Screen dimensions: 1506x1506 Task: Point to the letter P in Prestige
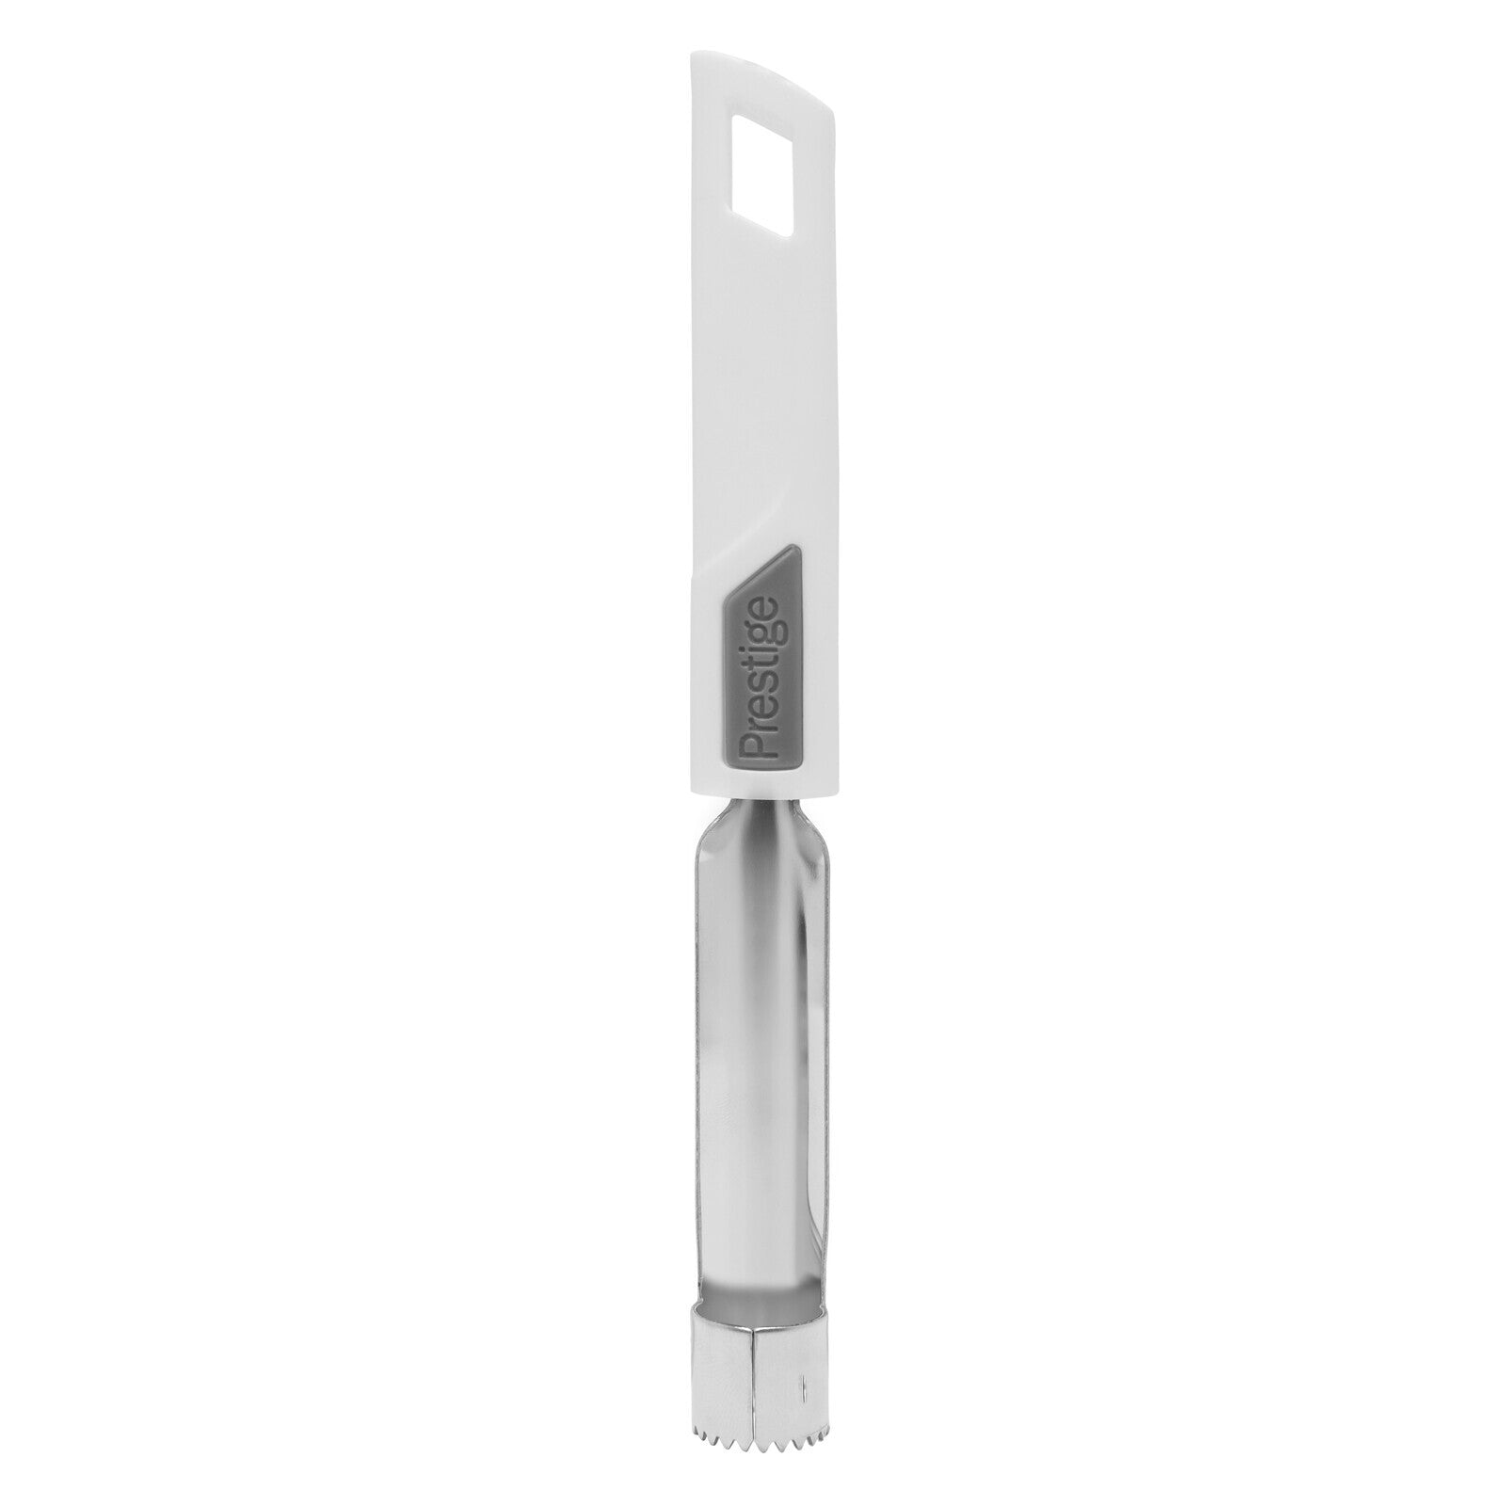click(759, 749)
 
